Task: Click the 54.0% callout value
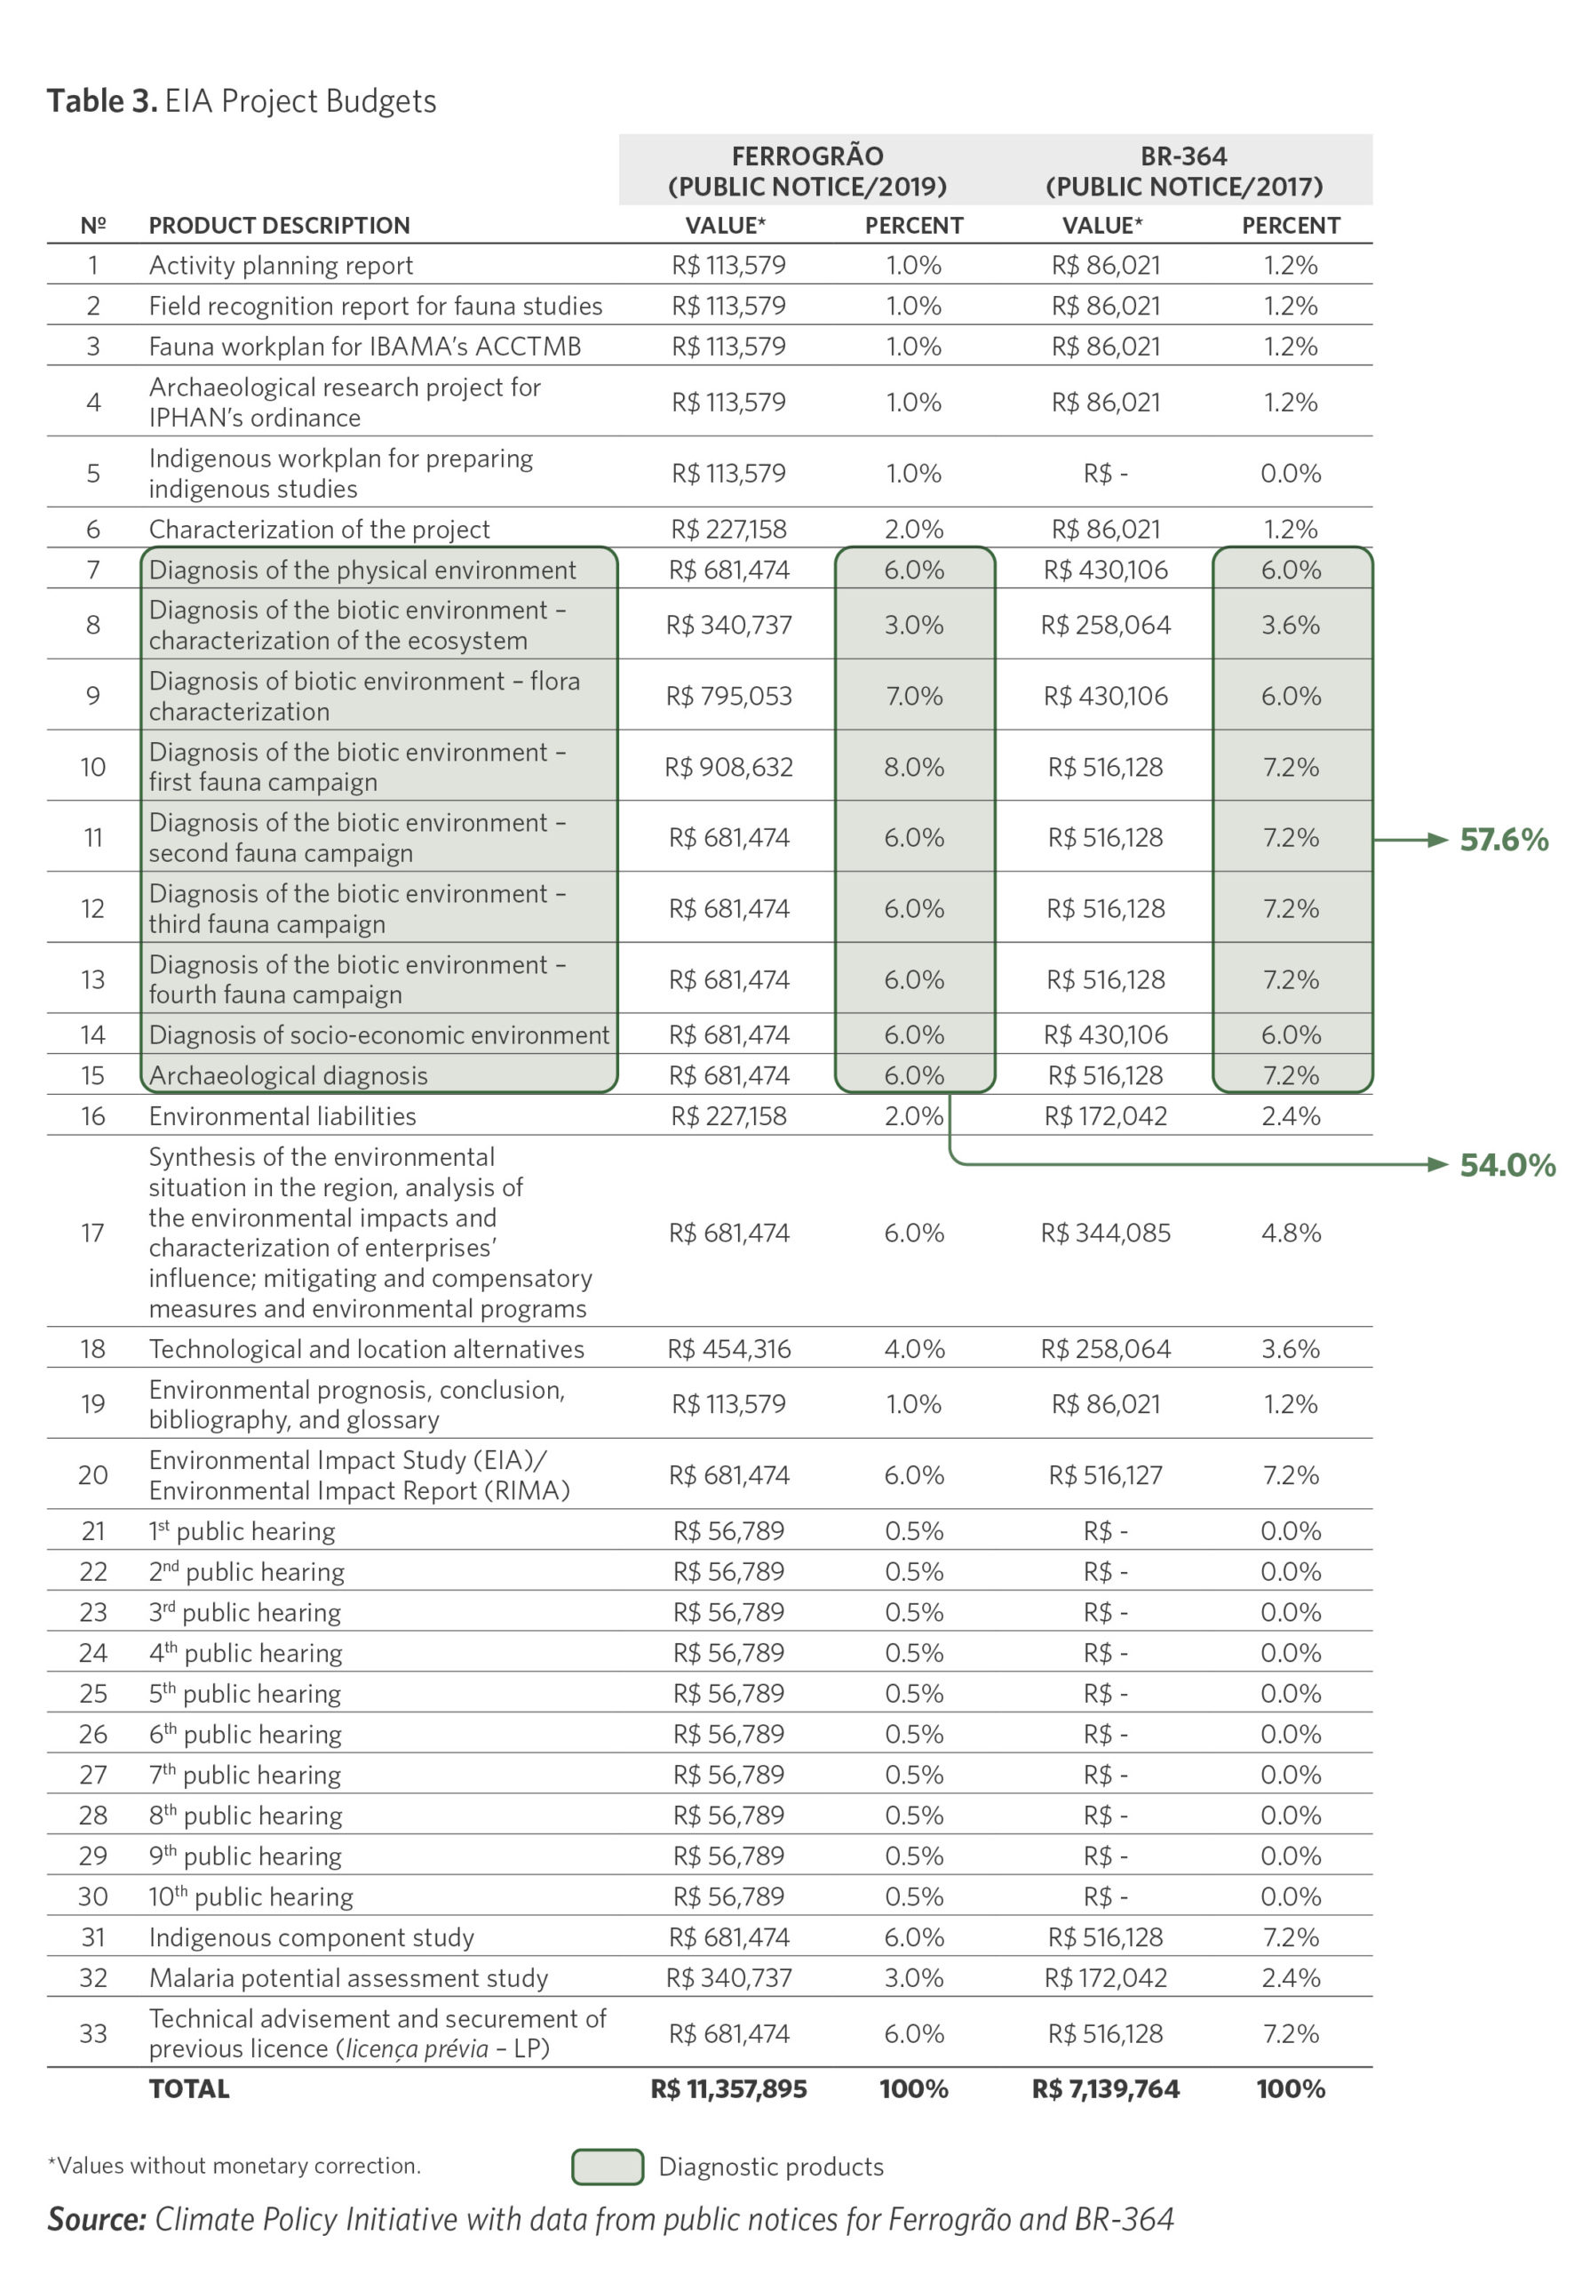coord(1507,1164)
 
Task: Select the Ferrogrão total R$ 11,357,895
coord(728,2088)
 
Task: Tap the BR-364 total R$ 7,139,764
coord(1105,2088)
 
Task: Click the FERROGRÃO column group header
coord(807,171)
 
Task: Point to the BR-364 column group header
coord(1184,171)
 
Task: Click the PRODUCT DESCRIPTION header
coord(280,225)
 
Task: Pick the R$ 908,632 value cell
coord(728,767)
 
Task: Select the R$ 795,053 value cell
coord(728,696)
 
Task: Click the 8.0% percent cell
coord(913,767)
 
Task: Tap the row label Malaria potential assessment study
coord(349,1978)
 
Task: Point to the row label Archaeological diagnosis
coord(289,1075)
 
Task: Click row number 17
coord(92,1233)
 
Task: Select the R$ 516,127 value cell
coord(1105,1474)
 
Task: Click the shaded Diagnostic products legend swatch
coord(608,2167)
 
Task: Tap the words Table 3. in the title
coord(102,101)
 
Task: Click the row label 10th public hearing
coord(250,1896)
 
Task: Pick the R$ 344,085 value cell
coord(1105,1233)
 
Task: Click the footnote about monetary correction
coord(234,2166)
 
